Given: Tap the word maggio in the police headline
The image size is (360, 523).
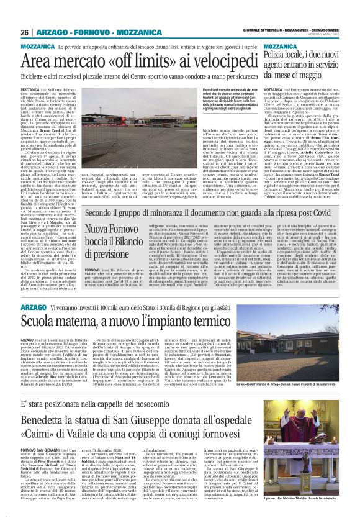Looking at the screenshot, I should pos(314,76).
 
